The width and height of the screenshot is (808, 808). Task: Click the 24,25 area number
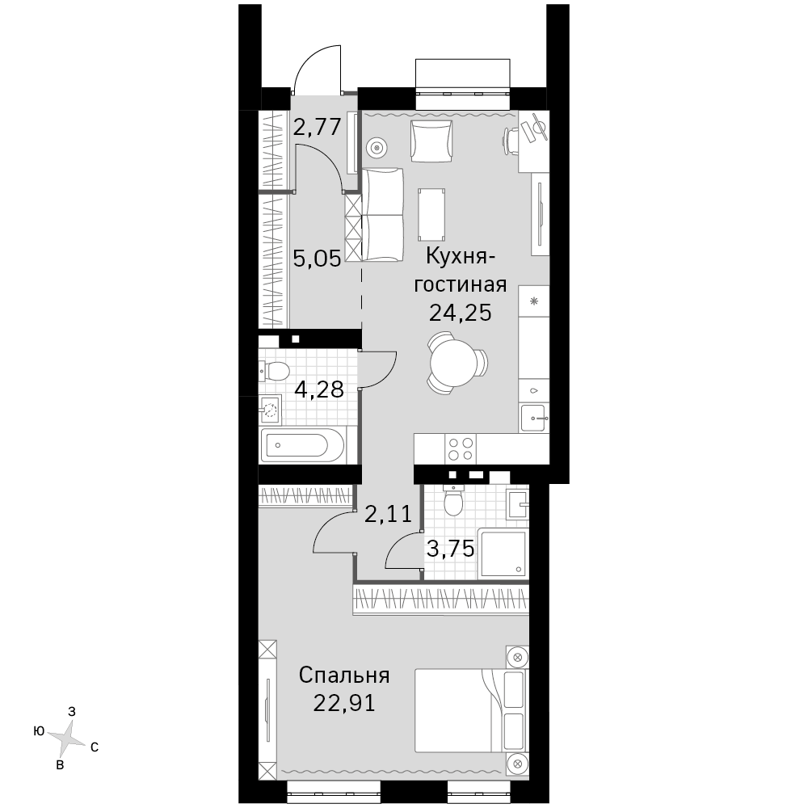(461, 312)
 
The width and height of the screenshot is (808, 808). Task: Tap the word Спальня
(344, 675)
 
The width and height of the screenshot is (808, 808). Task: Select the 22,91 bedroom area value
(344, 703)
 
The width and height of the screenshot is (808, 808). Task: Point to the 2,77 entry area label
(318, 126)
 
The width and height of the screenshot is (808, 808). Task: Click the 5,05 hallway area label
(318, 258)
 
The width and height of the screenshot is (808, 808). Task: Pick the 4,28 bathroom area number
(319, 389)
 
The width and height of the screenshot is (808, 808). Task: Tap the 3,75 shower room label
(451, 549)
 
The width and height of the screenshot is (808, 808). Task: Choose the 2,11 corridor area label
(389, 514)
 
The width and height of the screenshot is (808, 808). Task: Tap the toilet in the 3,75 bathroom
(454, 500)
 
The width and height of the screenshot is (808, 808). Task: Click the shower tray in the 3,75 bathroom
(503, 553)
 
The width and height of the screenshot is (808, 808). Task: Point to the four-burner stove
(461, 448)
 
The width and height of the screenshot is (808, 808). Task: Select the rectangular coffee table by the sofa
(431, 214)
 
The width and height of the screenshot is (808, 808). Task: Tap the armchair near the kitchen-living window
(431, 141)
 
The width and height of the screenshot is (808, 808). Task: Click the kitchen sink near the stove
(534, 418)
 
